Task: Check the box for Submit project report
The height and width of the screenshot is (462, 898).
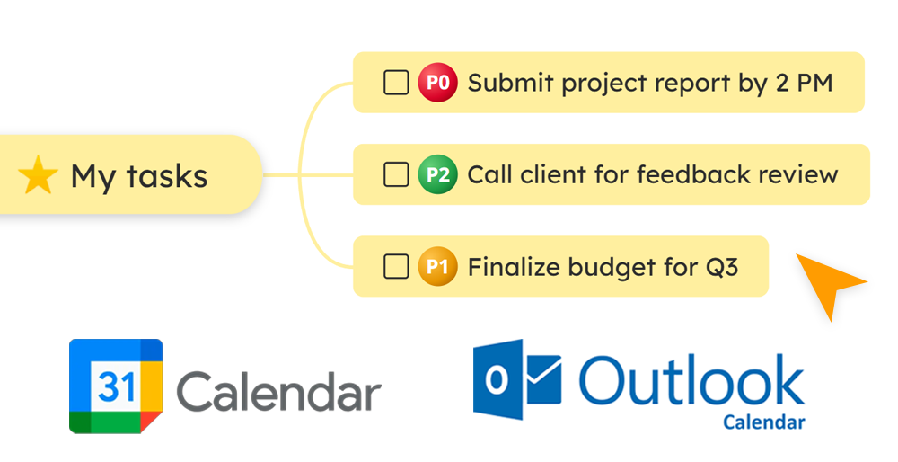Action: click(x=396, y=83)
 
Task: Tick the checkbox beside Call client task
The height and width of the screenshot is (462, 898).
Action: click(x=396, y=174)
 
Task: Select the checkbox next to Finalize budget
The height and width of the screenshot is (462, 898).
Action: click(x=396, y=266)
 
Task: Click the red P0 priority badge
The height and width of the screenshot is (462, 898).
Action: click(x=437, y=83)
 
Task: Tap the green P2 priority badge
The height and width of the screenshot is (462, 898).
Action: click(x=437, y=174)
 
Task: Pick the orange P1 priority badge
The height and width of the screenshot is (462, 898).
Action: click(x=437, y=266)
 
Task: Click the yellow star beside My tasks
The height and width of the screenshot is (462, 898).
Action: click(x=38, y=175)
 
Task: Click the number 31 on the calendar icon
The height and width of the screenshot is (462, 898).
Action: click(x=116, y=386)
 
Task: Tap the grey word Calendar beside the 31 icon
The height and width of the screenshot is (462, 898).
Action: click(x=279, y=392)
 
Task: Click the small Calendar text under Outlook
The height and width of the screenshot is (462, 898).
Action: click(x=763, y=422)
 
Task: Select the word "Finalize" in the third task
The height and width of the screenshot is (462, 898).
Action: click(x=508, y=267)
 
